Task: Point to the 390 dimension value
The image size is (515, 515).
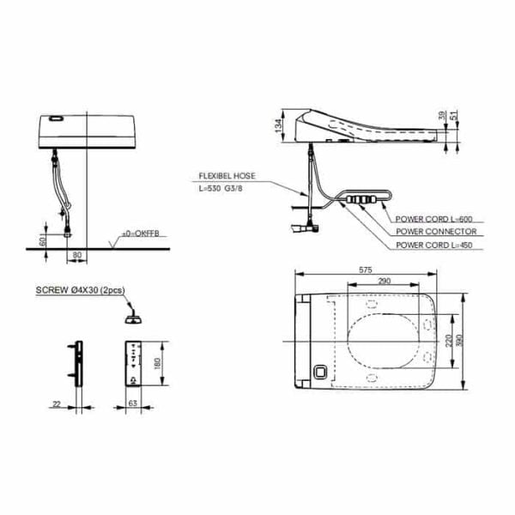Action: pos(464,341)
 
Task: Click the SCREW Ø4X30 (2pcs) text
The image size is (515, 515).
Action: pos(79,290)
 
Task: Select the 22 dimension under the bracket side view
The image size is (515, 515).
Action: pos(57,401)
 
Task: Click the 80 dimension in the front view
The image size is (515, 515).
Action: pos(77,255)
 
